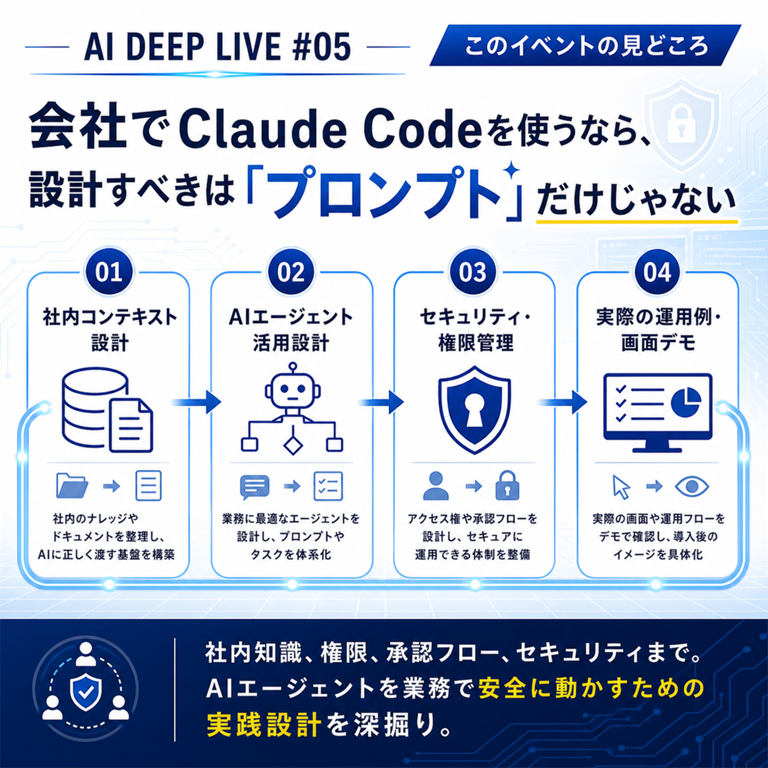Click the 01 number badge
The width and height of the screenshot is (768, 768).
(x=109, y=272)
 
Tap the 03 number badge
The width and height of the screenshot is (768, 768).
(x=473, y=272)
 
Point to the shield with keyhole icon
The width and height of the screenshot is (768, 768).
(x=474, y=409)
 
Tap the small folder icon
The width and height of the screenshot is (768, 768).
(x=72, y=486)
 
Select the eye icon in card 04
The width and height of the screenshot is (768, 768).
(x=692, y=487)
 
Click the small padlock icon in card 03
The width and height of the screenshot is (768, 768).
(x=507, y=485)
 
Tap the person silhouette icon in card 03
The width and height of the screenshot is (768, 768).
(x=436, y=486)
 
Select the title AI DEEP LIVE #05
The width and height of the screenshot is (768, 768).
(x=217, y=47)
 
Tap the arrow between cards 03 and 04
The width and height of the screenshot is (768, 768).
(x=563, y=402)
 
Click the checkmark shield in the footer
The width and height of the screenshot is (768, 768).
(x=85, y=692)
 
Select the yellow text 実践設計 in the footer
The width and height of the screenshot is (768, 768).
(x=264, y=724)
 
